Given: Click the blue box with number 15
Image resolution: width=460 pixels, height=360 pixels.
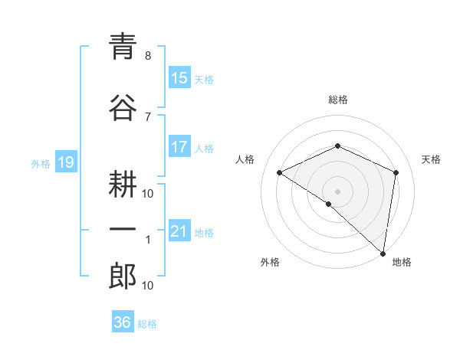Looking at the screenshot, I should coord(179,78).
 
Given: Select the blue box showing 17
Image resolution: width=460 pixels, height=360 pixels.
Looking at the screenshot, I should coord(179,147).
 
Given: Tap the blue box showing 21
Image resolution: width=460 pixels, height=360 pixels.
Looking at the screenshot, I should coord(179,231).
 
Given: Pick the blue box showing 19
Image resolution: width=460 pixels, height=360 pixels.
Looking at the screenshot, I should coord(66,162).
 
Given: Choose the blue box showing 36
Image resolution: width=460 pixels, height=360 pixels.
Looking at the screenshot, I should coord(123,322).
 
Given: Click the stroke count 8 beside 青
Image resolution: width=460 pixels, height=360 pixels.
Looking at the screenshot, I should coord(148,57).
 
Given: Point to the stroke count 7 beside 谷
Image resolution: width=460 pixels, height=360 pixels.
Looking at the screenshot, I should coord(148,116).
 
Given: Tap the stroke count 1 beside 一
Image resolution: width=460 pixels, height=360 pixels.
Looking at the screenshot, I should coord(148,240).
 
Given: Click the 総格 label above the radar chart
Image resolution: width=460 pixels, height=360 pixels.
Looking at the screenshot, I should coord(337,100).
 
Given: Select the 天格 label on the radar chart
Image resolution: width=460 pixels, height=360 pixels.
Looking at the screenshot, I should coord(431,159).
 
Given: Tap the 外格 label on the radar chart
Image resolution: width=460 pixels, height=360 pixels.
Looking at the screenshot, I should coord(270,263).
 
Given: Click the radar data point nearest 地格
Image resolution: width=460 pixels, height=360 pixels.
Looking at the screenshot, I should coord(383,253).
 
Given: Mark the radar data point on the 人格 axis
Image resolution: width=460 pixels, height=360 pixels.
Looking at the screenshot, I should coord(280,172).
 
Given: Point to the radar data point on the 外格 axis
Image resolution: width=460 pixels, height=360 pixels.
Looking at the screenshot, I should coord(329,204).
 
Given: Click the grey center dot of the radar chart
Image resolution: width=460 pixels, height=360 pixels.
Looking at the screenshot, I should coord(337,191).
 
